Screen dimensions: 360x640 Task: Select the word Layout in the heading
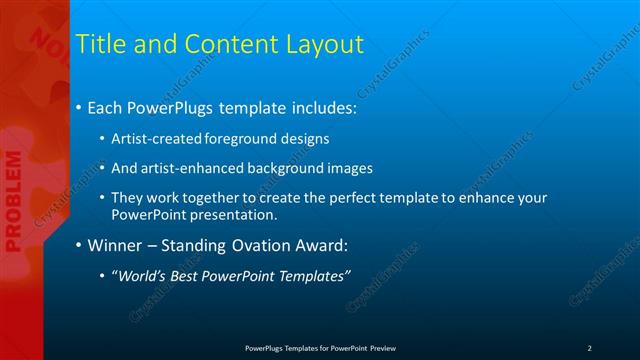point(325,44)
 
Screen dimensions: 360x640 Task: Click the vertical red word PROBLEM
point(13,201)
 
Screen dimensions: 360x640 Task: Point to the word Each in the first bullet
point(106,107)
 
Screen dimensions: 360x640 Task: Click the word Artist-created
point(156,138)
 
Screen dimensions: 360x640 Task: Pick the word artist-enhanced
point(189,168)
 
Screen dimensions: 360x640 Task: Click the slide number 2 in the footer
point(589,348)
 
